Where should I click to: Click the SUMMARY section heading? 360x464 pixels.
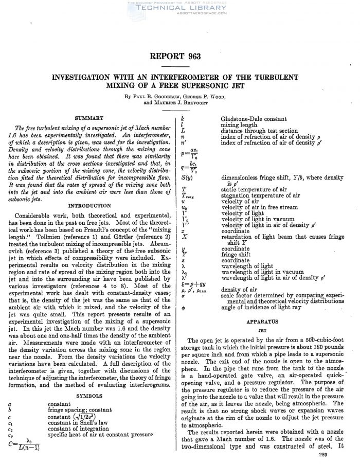(89, 118)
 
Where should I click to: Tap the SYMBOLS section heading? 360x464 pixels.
(89, 396)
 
